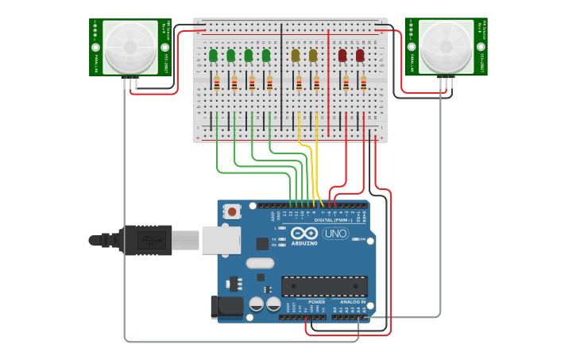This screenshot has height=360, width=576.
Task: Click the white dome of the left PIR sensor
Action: coord(130,47)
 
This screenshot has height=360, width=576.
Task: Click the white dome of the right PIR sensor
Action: coord(446,47)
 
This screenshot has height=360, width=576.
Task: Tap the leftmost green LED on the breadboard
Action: coord(213,56)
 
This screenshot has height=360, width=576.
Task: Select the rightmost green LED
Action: coord(266,56)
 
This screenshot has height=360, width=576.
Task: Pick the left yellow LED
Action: coord(296,56)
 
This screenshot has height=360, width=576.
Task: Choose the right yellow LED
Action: coord(313,56)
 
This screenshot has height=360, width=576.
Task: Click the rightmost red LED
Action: coord(360,56)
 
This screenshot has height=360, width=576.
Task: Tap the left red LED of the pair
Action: coord(342,56)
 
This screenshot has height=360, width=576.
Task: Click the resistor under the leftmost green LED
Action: coord(217,83)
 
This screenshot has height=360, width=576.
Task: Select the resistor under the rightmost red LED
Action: coord(364,83)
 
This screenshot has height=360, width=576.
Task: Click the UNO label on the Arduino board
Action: coord(335,234)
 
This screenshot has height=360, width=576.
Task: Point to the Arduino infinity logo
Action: coord(304,233)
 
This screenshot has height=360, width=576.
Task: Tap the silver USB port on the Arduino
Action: coord(220,240)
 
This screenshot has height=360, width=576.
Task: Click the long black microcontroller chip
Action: coord(324,286)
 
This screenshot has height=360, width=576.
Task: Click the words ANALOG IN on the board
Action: coord(352,302)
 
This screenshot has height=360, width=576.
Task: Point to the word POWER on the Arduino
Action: coord(316,302)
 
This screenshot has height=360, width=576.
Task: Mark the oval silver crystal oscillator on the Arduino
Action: coord(260,263)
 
